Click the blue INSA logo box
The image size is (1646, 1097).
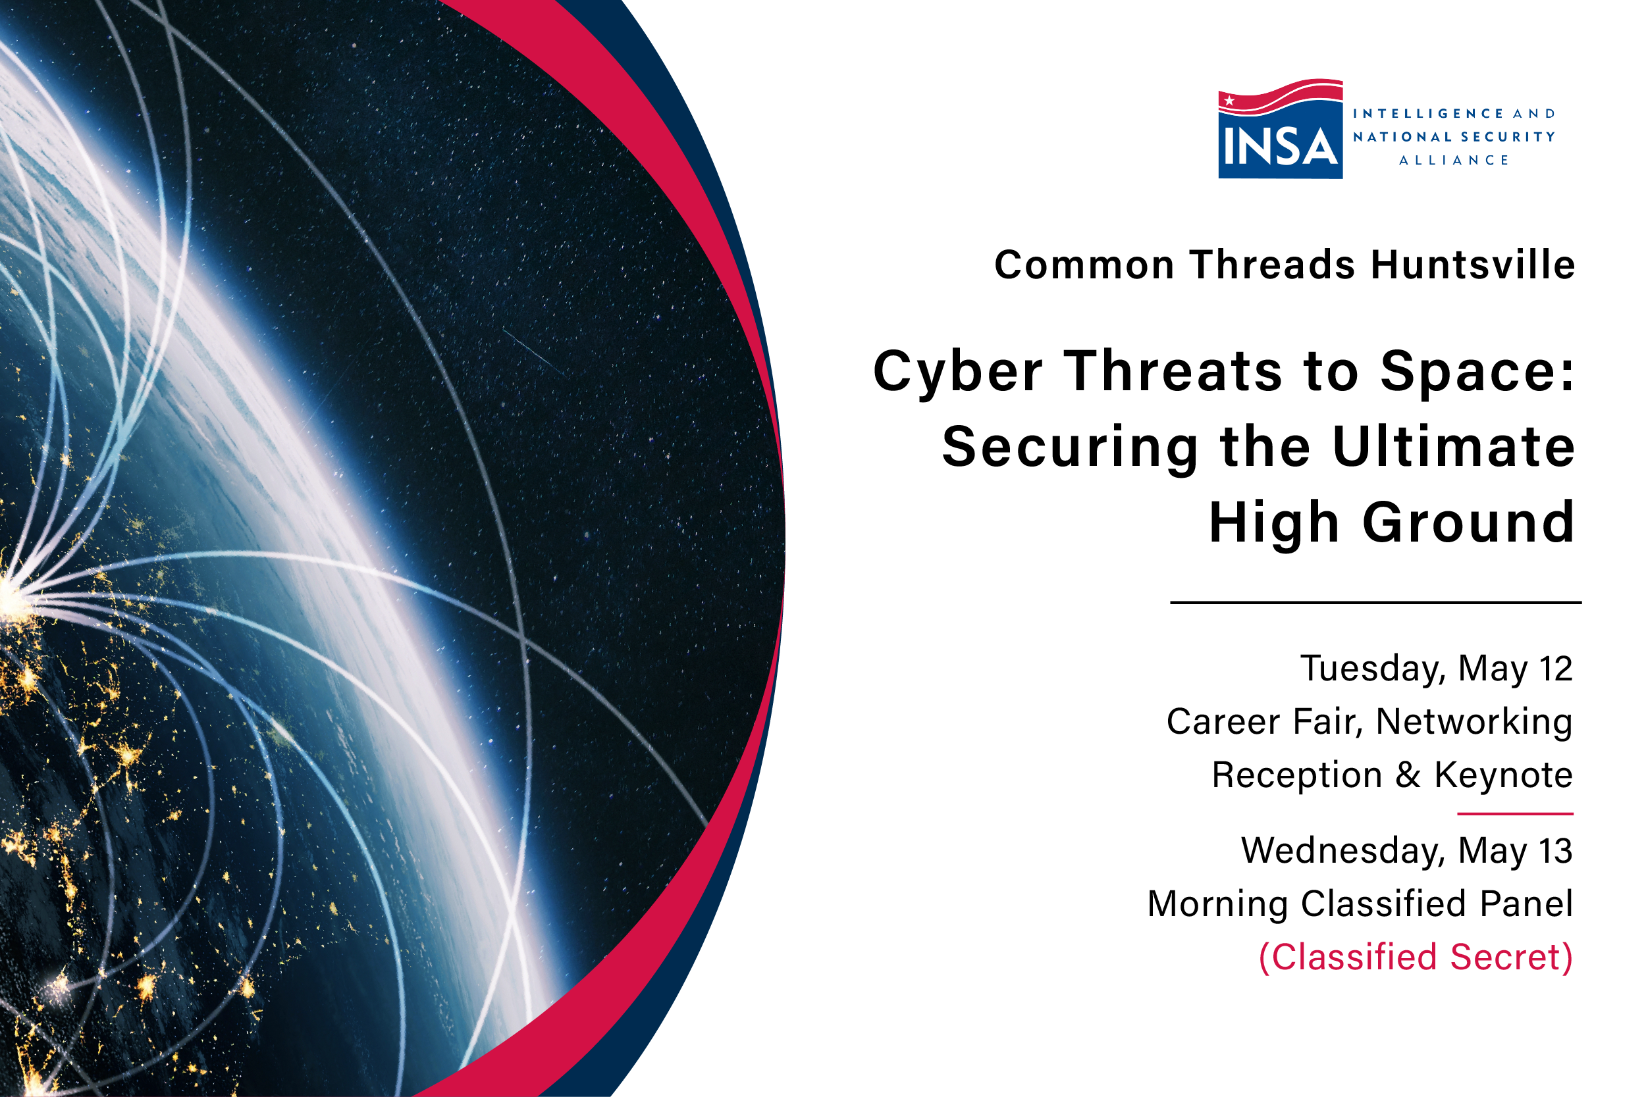pos(1280,143)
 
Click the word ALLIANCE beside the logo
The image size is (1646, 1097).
pos(1454,160)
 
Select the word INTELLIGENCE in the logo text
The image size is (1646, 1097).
pos(1427,113)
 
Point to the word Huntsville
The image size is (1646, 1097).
pos(1472,265)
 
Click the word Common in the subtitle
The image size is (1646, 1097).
pos(1084,265)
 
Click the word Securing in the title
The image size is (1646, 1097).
pos(1070,447)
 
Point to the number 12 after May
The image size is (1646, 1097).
pos(1555,668)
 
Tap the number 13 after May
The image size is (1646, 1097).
pos(1555,851)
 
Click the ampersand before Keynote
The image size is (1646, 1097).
pos(1408,775)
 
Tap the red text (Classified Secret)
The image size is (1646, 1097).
pos(1415,957)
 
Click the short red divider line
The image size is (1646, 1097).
pos(1515,813)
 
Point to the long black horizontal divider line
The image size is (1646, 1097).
pos(1375,602)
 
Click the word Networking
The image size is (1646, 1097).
pos(1474,722)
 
